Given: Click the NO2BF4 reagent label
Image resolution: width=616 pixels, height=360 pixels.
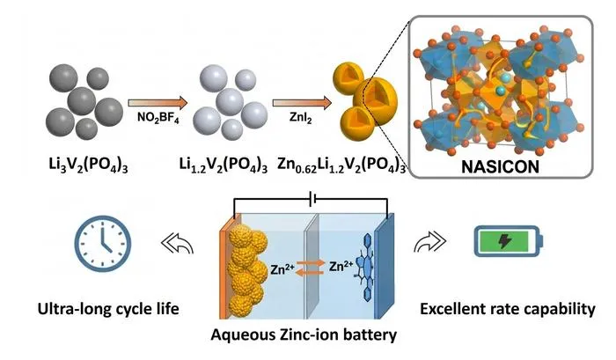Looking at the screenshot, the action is [158, 118].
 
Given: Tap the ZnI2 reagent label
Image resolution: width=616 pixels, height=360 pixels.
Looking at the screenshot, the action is [301, 118].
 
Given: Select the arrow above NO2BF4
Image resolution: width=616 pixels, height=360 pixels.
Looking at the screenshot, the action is [158, 103].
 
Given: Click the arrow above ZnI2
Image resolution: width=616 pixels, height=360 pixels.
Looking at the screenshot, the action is [302, 103].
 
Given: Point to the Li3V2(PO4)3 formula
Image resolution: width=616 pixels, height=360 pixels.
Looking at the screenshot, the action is [88, 165].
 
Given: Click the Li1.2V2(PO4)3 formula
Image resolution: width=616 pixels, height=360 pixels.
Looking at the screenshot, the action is [224, 165].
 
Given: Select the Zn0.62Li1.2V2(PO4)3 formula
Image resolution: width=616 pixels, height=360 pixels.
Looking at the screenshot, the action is [341, 165].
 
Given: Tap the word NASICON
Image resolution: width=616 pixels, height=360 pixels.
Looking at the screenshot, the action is [500, 166].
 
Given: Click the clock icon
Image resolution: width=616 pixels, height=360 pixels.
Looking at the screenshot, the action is [103, 244].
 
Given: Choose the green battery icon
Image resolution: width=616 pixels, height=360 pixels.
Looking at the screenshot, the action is [509, 241].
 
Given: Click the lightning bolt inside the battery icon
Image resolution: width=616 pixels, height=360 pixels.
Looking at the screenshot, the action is [504, 241].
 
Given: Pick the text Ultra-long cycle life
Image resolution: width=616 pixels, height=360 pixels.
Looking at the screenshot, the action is [108, 309].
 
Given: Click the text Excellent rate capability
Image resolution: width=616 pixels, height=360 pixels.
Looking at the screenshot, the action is [508, 309].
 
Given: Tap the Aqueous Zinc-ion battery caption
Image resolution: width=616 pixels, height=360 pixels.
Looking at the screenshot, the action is [304, 334].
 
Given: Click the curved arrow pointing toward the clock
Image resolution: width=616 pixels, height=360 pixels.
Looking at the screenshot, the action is [178, 244].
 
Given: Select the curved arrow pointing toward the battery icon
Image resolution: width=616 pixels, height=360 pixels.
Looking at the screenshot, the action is [429, 241].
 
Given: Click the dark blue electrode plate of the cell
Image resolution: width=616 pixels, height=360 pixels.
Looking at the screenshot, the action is [384, 267].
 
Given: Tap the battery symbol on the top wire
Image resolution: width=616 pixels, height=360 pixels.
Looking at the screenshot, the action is [313, 199].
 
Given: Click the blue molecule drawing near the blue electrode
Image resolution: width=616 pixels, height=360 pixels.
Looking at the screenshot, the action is [365, 268].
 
